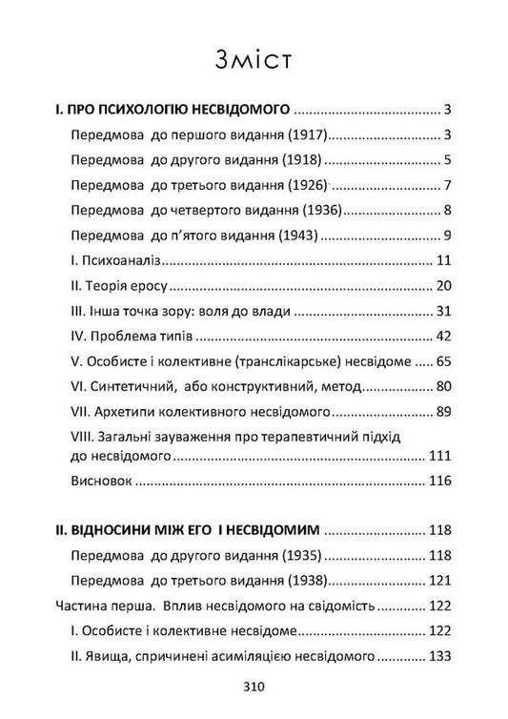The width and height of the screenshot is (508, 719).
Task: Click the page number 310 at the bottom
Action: click(x=253, y=686)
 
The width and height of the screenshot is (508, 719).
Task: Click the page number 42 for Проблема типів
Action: click(x=439, y=336)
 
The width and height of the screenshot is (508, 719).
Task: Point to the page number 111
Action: click(x=437, y=457)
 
